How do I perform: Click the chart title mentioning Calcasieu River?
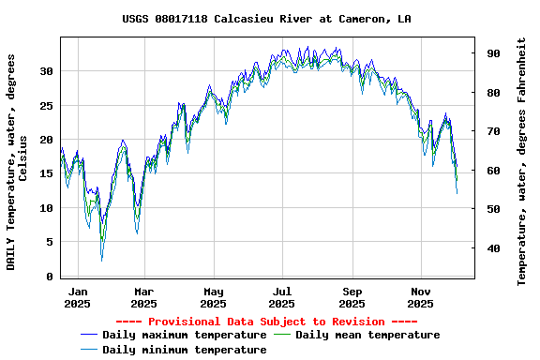[x=266, y=19]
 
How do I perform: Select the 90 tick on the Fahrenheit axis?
[x=492, y=53]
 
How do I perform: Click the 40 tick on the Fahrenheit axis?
[x=492, y=248]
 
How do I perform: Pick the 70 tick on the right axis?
[x=492, y=131]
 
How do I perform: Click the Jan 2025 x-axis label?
[x=78, y=297]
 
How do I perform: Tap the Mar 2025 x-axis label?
[x=143, y=297]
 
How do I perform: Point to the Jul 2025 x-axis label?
[x=281, y=297]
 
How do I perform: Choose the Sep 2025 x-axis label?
[x=352, y=297]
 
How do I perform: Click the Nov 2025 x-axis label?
[x=420, y=297]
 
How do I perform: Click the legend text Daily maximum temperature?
[x=184, y=335]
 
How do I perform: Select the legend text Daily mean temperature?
[x=367, y=335]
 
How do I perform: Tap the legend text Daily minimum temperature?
[x=184, y=350]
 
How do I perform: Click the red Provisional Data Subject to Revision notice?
[x=266, y=322]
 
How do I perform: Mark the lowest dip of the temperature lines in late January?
[x=102, y=260]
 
